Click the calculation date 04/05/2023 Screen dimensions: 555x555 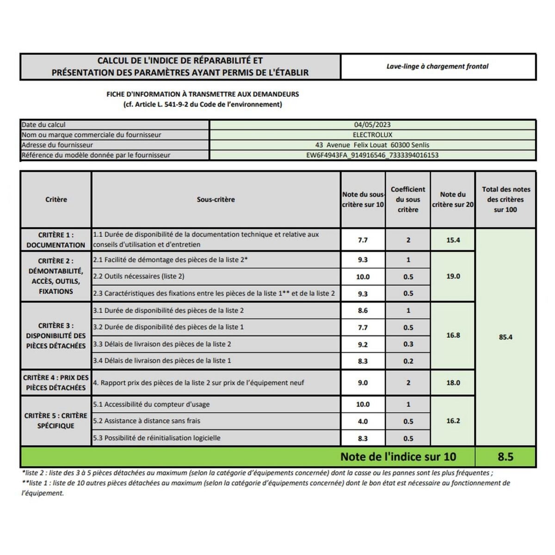tap(372, 124)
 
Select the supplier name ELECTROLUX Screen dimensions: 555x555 tap(372, 135)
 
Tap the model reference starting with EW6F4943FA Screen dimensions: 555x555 tap(372, 155)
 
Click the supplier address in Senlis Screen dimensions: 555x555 tap(372, 145)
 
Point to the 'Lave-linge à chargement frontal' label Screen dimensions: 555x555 tap(438, 66)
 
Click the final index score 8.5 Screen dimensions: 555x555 tap(506, 456)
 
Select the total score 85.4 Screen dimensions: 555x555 tap(506, 337)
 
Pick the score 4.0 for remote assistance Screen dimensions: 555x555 tap(363, 421)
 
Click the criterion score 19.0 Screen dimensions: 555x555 tap(453, 276)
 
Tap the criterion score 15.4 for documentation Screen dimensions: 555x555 tap(453, 240)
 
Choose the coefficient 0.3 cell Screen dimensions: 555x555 tap(408, 344)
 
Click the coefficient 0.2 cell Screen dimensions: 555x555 tap(408, 361)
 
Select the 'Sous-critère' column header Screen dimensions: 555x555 tap(216, 199)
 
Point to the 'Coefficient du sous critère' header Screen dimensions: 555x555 tap(408, 199)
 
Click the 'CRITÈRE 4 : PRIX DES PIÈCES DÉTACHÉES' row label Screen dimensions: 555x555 tap(55, 382)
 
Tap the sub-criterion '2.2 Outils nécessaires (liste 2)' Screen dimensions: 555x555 tap(139, 276)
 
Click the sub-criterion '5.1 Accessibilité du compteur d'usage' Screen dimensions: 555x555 tap(151, 404)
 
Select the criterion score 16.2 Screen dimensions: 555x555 tap(453, 421)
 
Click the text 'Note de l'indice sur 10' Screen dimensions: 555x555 tap(398, 456)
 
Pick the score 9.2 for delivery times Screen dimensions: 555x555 tap(363, 344)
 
